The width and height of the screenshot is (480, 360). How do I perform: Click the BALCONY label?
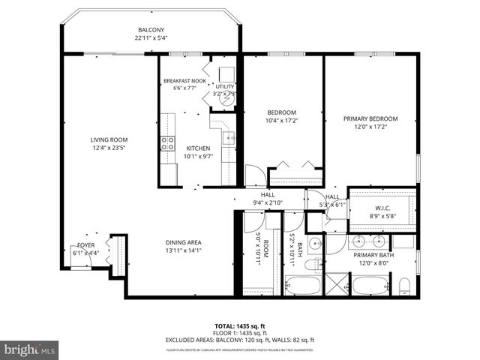tap(150, 30)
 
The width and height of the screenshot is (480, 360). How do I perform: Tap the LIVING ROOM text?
tap(109, 139)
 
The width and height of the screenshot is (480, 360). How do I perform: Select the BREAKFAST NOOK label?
tap(184, 81)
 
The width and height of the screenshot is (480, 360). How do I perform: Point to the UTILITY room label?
tap(225, 87)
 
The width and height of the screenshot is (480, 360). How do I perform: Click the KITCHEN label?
tap(199, 148)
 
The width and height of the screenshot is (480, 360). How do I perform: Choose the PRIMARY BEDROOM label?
tap(370, 118)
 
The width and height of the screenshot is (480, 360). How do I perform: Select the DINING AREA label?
tap(184, 242)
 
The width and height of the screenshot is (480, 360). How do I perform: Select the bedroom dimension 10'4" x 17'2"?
tap(282, 120)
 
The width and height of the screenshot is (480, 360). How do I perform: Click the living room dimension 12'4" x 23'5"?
tap(109, 147)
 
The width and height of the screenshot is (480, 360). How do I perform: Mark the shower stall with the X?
tap(335, 286)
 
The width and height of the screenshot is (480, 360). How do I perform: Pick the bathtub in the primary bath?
tap(370, 286)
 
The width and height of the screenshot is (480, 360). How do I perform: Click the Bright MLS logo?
tap(30, 349)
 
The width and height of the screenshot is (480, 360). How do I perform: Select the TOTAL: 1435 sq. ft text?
tap(239, 326)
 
